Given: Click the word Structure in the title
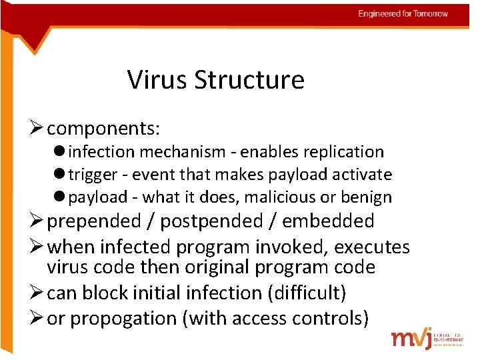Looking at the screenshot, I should [249, 80].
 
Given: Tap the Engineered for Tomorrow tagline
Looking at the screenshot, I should [403, 14].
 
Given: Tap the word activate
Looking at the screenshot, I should [361, 175].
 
